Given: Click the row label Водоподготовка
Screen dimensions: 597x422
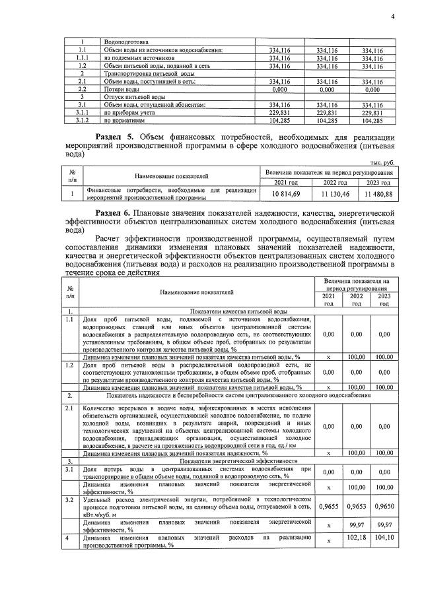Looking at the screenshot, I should (126, 42).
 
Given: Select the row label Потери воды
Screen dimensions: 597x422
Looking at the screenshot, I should (122, 89).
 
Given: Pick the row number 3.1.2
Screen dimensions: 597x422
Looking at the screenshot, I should (82, 121).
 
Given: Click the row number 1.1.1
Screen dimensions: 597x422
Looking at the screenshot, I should (82, 58).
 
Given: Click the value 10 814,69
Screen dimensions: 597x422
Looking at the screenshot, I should (286, 194).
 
